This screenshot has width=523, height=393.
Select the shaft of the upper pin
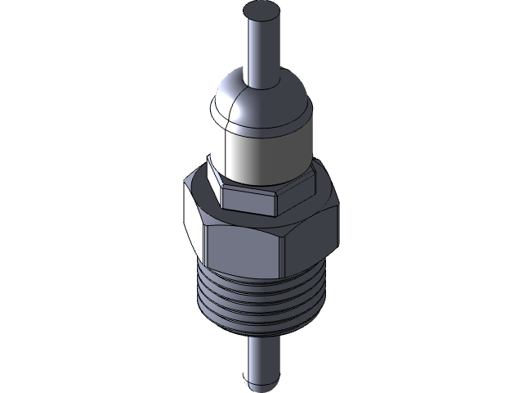(x=261, y=49)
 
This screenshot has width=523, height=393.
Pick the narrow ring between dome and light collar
(x=261, y=133)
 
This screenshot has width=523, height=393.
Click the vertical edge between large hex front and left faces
(x=205, y=246)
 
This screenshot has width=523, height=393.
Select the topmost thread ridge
(x=261, y=282)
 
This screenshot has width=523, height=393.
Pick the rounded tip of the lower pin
(x=261, y=382)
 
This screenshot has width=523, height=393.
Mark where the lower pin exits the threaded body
(x=261, y=341)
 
